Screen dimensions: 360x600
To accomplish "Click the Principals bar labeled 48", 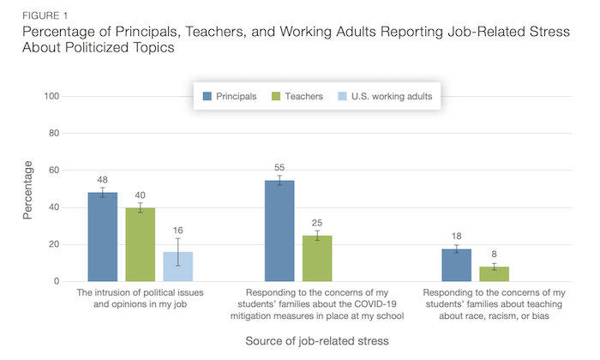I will click(x=103, y=237).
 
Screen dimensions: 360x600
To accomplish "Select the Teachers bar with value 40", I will click(x=141, y=244).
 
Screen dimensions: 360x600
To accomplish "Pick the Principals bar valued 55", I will click(x=279, y=231).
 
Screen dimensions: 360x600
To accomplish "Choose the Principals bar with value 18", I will click(x=456, y=265).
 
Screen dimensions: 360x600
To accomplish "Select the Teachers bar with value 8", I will click(x=494, y=273).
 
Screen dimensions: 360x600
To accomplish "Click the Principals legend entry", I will click(x=229, y=96).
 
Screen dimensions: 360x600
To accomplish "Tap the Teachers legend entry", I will click(x=297, y=96).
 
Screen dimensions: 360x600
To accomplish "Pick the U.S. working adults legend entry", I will click(x=390, y=96).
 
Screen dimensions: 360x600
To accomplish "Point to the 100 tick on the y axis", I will click(x=51, y=96).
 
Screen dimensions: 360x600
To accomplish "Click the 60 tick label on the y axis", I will click(x=53, y=171).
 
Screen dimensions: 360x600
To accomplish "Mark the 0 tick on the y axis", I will click(x=56, y=281).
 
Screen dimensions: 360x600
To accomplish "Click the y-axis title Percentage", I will click(x=27, y=189).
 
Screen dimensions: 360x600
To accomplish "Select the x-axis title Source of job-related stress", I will click(x=317, y=340).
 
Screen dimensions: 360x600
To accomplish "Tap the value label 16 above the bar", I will click(x=178, y=231).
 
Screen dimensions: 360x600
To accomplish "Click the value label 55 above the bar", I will click(x=279, y=167).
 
